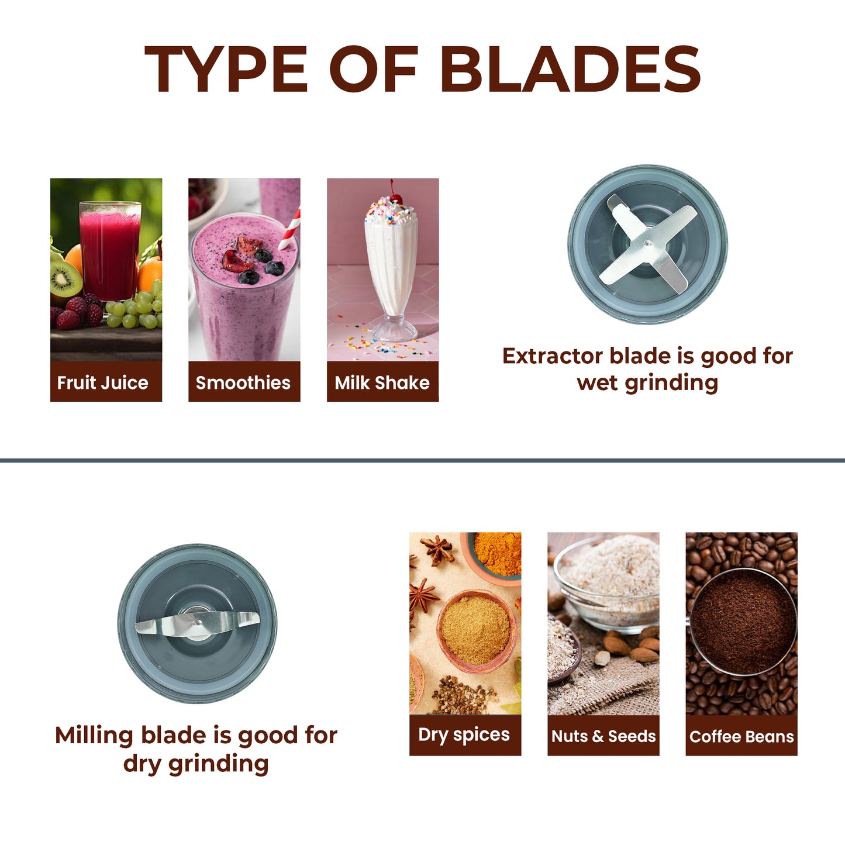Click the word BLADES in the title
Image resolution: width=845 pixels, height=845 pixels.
570,68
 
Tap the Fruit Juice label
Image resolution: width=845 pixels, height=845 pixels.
102,383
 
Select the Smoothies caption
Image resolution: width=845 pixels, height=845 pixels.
243,383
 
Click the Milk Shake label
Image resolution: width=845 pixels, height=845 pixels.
382,383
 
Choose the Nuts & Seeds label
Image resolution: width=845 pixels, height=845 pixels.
603,736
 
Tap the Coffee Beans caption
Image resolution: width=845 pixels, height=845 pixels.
741,736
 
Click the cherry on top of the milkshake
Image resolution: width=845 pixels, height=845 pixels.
396,198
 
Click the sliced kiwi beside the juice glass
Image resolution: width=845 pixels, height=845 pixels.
65,280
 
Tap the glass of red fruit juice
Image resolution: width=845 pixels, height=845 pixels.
110,251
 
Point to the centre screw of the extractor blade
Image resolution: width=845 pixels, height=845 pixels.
647,244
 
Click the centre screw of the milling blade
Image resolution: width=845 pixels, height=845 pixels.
197,622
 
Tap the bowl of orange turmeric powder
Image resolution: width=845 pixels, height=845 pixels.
495,556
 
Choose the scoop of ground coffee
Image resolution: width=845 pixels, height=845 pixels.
743,621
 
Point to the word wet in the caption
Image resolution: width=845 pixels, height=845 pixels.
597,384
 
